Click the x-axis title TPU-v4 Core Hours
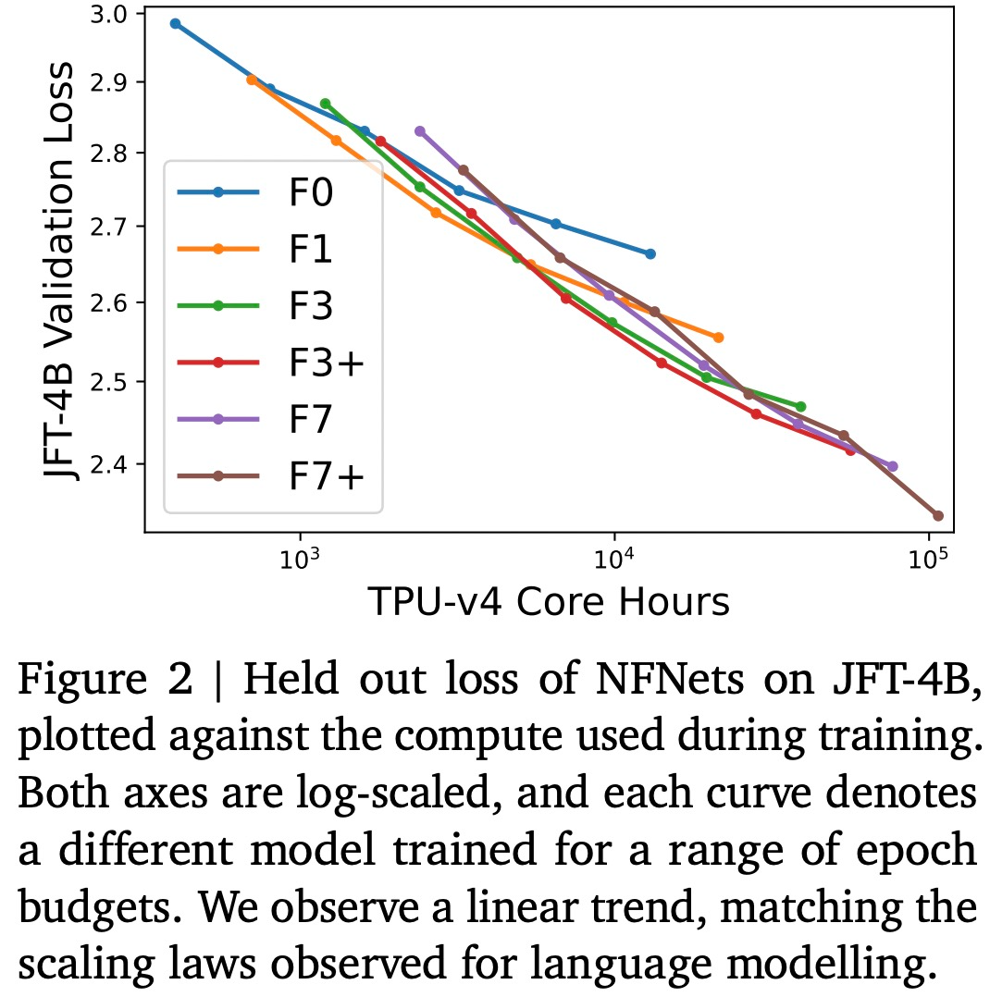click(549, 602)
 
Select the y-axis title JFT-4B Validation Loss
click(61, 271)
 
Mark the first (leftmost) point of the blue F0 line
click(175, 24)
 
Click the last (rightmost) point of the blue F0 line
click(650, 253)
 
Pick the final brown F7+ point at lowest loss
click(937, 516)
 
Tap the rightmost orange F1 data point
click(718, 338)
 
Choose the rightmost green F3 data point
click(800, 407)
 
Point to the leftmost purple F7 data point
click(419, 131)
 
